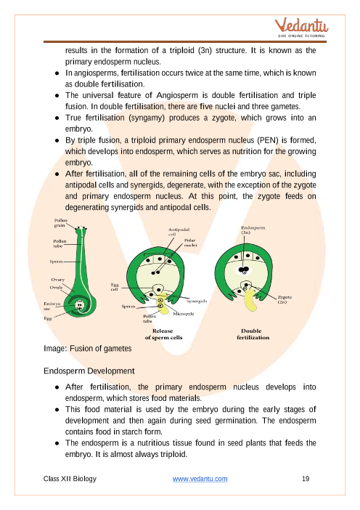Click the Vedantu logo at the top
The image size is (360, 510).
301,28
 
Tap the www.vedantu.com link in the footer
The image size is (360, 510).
200,479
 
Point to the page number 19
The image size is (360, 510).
306,479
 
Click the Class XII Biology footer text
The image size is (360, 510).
70,479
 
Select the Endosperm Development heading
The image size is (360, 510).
89,371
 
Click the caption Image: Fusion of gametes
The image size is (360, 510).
87,349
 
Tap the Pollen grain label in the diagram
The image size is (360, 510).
60,223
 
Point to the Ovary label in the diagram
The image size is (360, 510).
58,280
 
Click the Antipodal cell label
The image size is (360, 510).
179,232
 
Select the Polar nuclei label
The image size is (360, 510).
190,243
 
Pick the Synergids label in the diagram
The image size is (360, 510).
197,301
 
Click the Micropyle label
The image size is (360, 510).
183,314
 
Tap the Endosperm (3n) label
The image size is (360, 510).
253,230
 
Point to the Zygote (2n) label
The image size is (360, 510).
285,299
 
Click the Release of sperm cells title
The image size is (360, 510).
163,334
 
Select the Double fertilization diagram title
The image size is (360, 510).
253,334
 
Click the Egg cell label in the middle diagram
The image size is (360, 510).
115,287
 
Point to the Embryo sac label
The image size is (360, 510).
52,306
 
